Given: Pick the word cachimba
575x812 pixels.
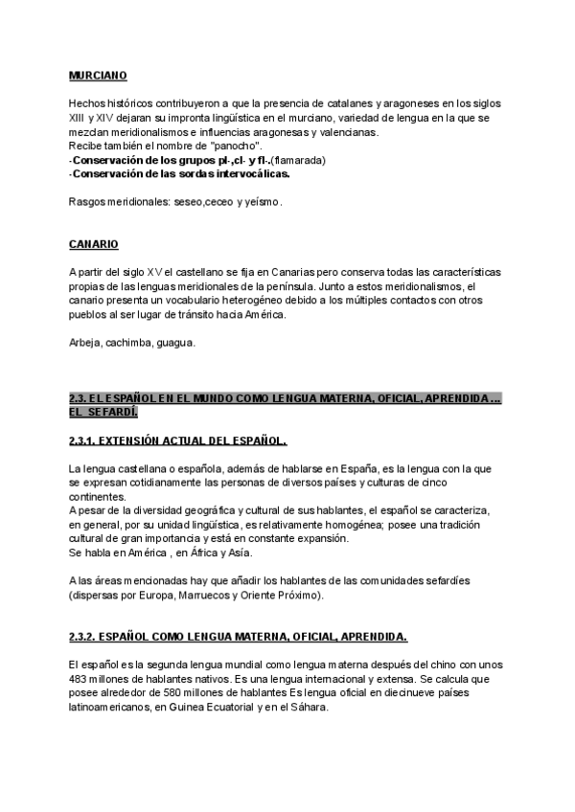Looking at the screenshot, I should (x=135, y=342).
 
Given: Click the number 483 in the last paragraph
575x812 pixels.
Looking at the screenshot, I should (x=80, y=678).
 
